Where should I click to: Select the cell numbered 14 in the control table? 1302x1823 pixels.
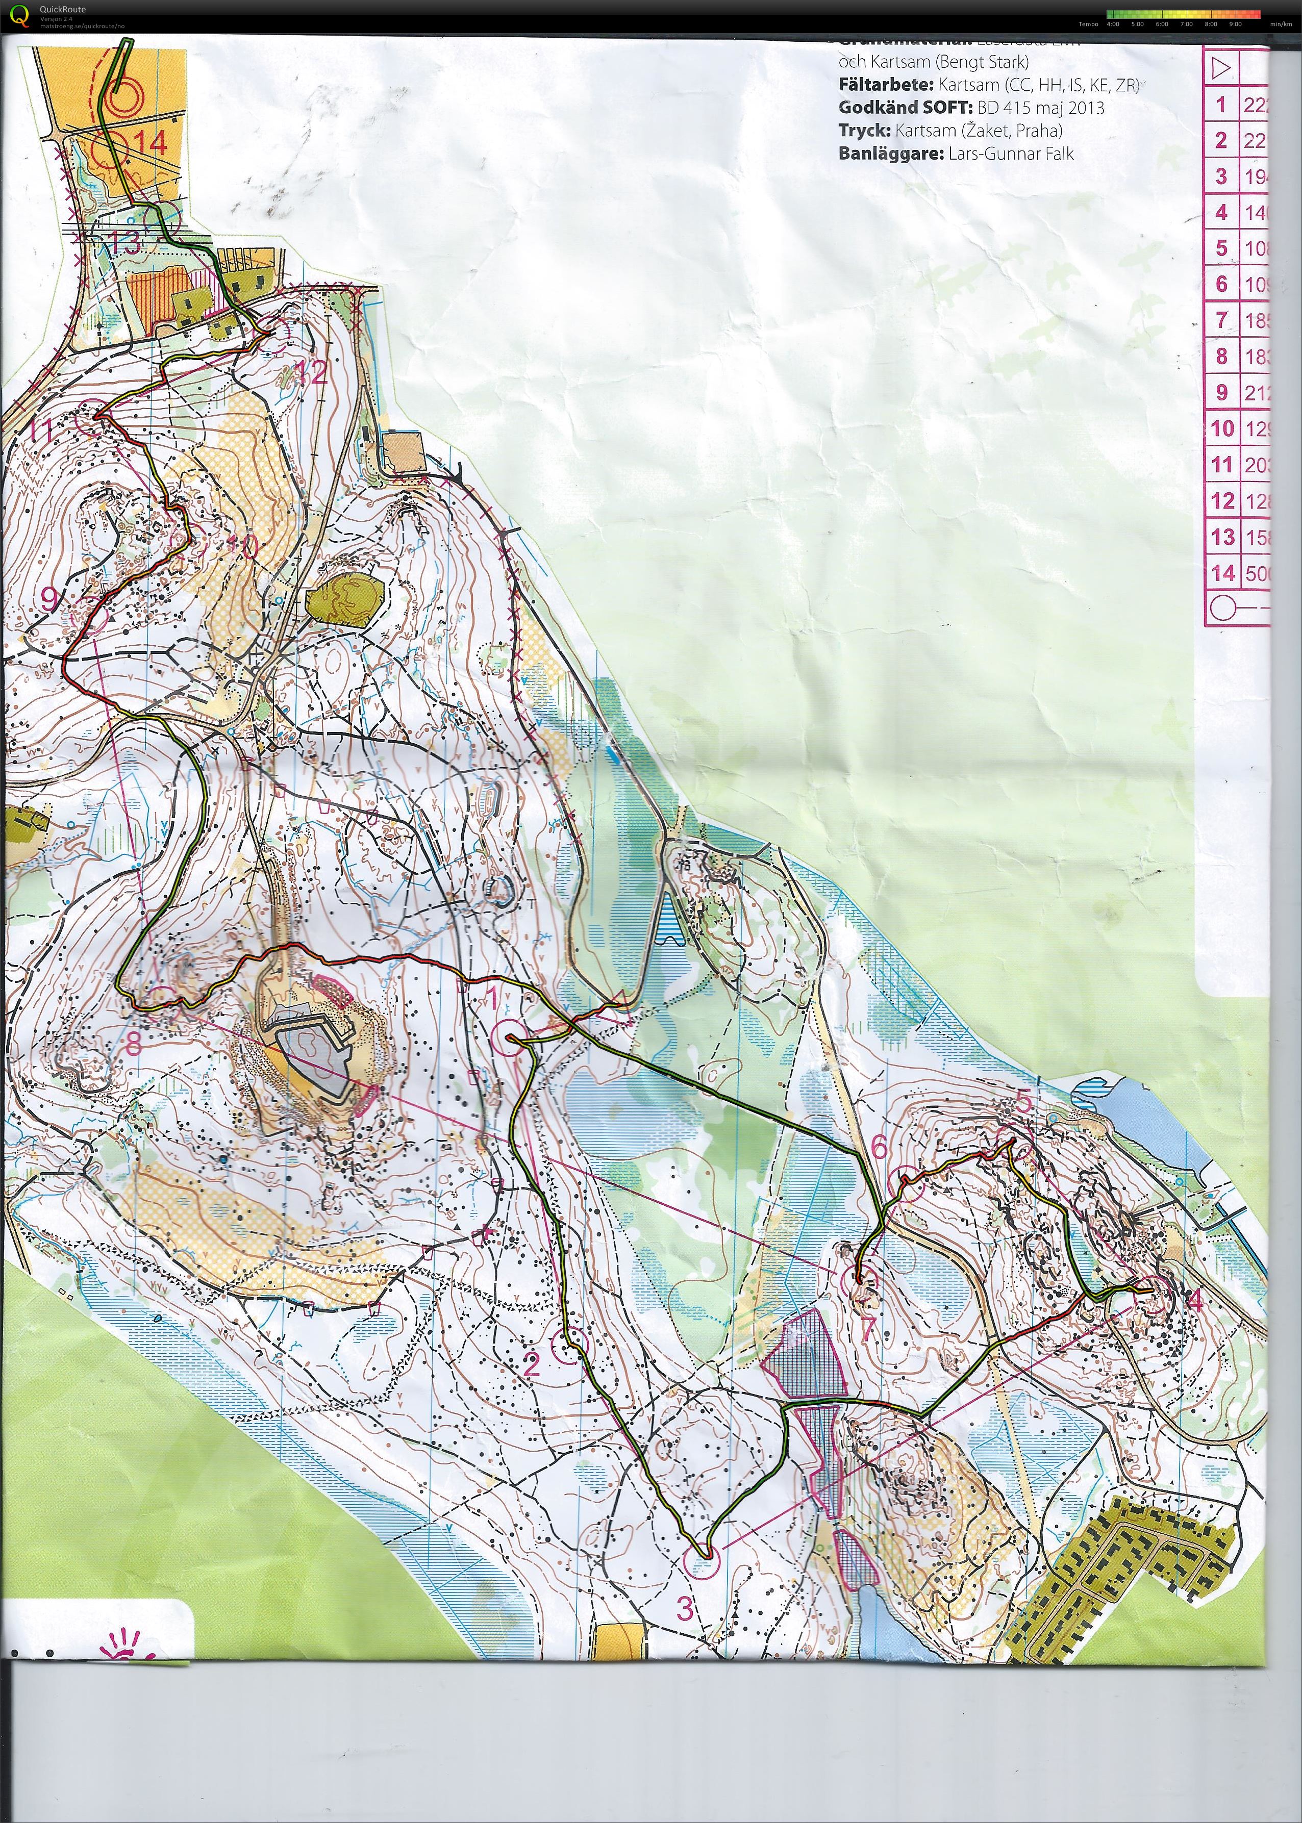(1222, 572)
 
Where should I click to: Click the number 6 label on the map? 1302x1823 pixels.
(880, 1148)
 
